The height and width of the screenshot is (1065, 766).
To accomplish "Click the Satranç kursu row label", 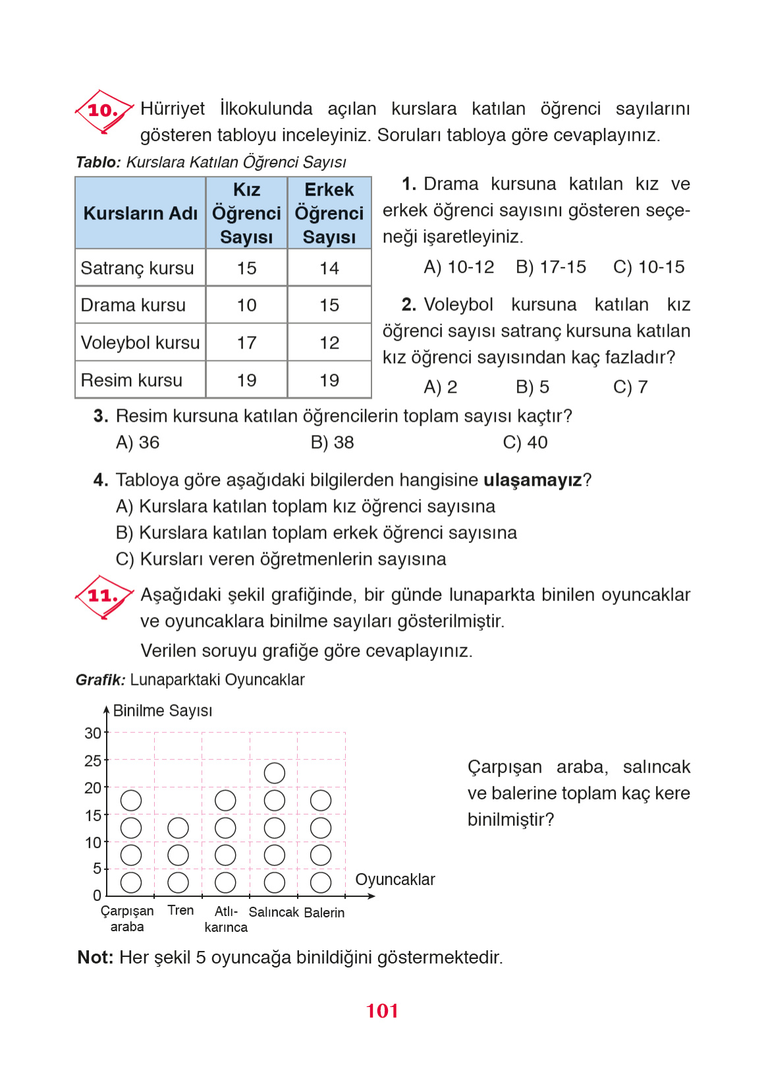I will tap(137, 268).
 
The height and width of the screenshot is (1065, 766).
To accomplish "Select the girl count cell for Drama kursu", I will tap(246, 305).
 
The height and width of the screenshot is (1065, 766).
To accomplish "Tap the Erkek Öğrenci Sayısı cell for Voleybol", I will tap(329, 343).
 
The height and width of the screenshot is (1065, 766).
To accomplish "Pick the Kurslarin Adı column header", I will tap(140, 214).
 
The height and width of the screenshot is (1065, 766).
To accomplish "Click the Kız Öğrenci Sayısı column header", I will tap(246, 214).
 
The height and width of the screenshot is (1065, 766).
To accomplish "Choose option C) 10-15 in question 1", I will tap(648, 267).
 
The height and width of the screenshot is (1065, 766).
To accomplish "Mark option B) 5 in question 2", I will tap(532, 387).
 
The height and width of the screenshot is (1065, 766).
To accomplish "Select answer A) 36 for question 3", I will tap(138, 442).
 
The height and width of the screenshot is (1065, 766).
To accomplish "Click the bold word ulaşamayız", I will tap(532, 480).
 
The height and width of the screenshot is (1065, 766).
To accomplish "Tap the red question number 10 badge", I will tap(103, 111).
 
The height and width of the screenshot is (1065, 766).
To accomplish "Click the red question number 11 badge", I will tap(103, 596).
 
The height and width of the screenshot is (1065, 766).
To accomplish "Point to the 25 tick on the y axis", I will tap(93, 761).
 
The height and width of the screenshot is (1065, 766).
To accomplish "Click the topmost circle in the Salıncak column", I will tap(274, 773).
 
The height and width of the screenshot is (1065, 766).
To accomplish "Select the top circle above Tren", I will tap(178, 828).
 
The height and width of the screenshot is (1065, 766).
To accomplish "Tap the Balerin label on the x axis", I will tap(324, 913).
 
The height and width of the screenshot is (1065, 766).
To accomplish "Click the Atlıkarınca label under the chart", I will tap(226, 919).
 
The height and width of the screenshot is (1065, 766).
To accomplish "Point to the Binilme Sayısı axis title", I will tap(163, 710).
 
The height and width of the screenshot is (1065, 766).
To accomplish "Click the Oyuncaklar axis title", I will tap(395, 880).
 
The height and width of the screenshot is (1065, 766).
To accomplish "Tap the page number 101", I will tap(382, 1011).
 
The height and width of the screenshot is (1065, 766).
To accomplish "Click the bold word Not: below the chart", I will tap(96, 957).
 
